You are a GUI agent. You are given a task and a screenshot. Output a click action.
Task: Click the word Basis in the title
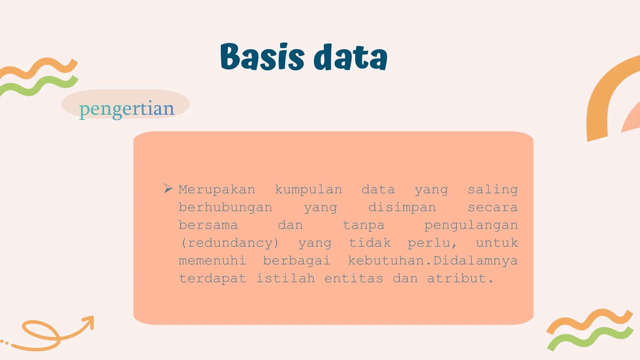pos(262,57)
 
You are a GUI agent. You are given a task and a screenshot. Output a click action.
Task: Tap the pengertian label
pos(126,108)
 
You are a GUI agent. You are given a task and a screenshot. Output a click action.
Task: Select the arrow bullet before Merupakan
pos(168,188)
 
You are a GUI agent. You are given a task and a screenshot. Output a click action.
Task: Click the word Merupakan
pos(217,190)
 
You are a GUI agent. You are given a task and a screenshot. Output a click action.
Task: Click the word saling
pos(492,190)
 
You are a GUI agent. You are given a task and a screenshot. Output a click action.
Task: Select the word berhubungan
pos(225,207)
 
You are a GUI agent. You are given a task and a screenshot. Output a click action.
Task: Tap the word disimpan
pos(402,207)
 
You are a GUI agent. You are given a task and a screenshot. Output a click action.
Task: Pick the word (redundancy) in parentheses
pos(229,243)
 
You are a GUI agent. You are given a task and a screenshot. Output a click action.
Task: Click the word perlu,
pos(432,243)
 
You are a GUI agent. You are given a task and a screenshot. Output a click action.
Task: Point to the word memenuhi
pos(212,261)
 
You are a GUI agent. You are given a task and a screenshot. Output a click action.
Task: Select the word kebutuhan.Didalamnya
pos(432,261)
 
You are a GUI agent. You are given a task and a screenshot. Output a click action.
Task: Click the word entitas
pos(353,278)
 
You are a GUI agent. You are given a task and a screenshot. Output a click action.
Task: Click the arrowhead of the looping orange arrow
pos(89,321)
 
